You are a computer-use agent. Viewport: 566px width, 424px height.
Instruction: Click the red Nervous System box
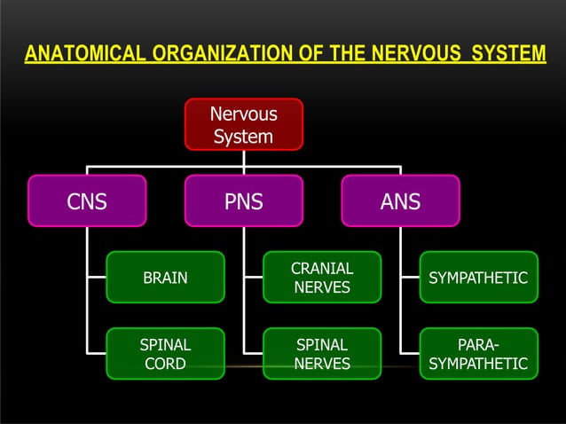pyautogui.click(x=243, y=124)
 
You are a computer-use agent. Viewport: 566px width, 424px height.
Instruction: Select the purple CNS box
pyautogui.click(x=87, y=201)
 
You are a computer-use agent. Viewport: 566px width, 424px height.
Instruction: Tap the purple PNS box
pyautogui.click(x=243, y=201)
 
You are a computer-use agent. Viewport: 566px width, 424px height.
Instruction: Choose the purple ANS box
pyautogui.click(x=400, y=201)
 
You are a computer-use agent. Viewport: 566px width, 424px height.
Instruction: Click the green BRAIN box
pyautogui.click(x=165, y=278)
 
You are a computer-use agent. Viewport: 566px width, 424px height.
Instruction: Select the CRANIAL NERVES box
pyautogui.click(x=322, y=278)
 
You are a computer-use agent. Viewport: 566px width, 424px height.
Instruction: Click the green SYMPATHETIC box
pyautogui.click(x=478, y=278)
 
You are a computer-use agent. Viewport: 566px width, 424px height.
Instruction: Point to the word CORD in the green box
pyautogui.click(x=165, y=364)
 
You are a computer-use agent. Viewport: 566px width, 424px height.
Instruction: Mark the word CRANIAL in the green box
pyautogui.click(x=322, y=268)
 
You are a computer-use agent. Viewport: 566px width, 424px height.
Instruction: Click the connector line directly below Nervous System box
pyautogui.click(x=243, y=158)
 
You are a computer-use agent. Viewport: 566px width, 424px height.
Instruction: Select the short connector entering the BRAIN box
pyautogui.click(x=97, y=278)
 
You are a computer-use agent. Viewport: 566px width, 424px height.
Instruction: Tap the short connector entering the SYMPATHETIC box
pyautogui.click(x=409, y=278)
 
